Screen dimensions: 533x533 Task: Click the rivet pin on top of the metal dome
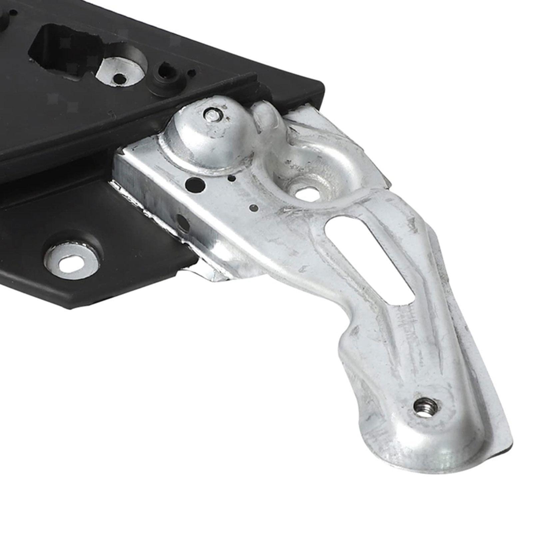211,116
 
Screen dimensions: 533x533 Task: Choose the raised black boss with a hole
166,71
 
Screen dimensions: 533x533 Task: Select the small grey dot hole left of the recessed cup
254,208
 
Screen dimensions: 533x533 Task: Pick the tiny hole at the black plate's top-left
13,13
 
